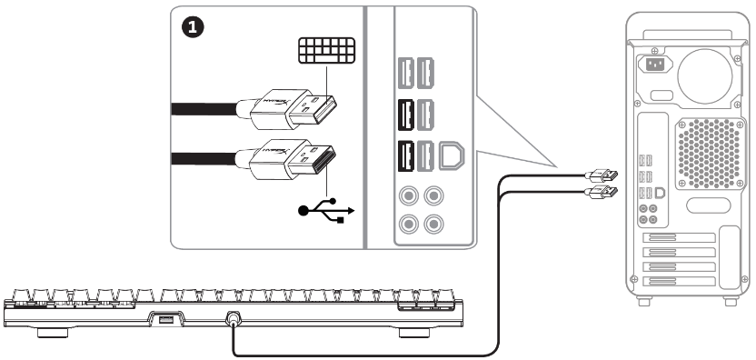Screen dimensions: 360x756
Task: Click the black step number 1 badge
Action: (193, 27)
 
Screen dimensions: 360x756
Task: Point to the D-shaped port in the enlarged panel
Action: (452, 156)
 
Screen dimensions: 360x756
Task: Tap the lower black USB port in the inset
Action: (403, 158)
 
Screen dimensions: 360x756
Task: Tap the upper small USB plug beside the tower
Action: (604, 174)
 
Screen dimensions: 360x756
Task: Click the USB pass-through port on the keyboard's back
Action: (164, 319)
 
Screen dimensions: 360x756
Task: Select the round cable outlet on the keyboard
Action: (234, 319)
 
